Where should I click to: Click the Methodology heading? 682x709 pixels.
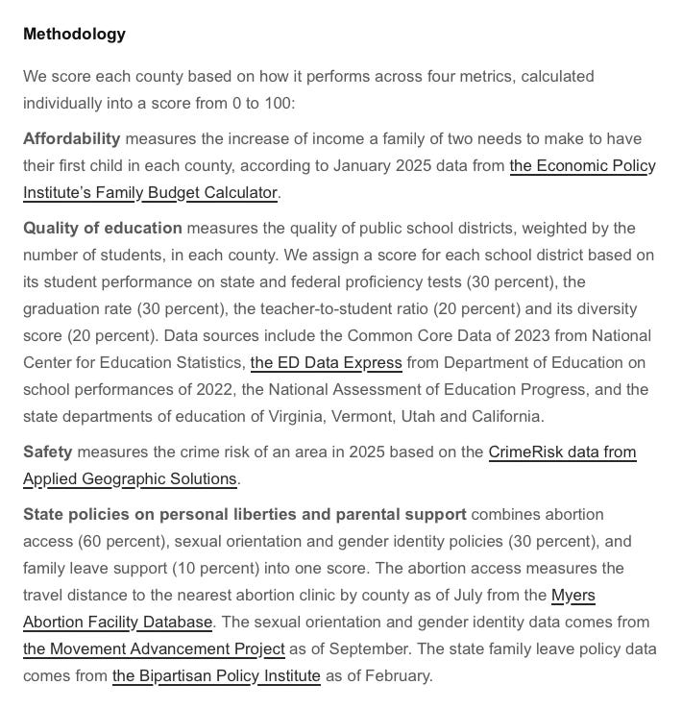click(74, 34)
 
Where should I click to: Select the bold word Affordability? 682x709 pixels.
click(72, 138)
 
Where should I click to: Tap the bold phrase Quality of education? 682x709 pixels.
click(102, 228)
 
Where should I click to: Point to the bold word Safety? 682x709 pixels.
click(48, 452)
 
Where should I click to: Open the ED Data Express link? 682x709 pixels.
click(326, 362)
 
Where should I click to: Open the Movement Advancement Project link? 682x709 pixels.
click(154, 648)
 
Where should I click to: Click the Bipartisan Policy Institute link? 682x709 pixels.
click(216, 675)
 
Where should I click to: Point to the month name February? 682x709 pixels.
click(395, 675)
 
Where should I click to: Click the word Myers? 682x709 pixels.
click(573, 595)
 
